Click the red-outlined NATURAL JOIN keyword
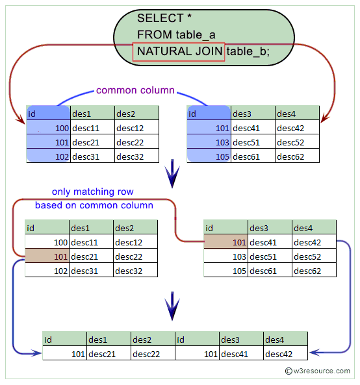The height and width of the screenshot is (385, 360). (x=178, y=51)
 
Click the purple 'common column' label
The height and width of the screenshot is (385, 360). (x=135, y=90)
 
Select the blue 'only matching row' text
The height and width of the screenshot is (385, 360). (x=93, y=192)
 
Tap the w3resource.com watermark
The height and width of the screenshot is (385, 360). (x=319, y=371)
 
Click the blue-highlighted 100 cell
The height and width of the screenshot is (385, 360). (x=48, y=129)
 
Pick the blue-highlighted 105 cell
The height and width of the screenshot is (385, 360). (x=209, y=156)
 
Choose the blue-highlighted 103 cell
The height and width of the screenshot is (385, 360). (x=209, y=142)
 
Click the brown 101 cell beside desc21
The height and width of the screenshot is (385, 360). (x=47, y=256)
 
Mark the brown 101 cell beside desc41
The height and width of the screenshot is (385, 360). (x=225, y=243)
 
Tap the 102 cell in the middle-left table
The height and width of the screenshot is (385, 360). (x=47, y=271)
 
